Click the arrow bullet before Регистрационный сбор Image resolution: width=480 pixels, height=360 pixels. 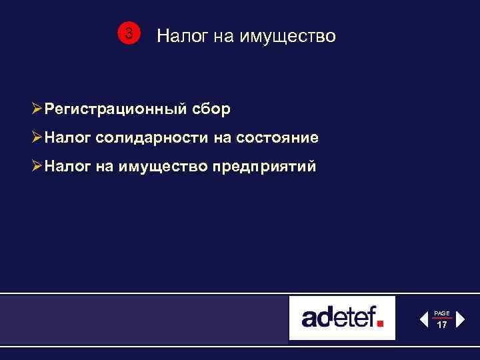37,108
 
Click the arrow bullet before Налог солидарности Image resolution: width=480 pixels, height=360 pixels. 37,137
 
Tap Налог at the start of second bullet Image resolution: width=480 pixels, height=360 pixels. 67,137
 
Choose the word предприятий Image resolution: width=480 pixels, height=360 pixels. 264,167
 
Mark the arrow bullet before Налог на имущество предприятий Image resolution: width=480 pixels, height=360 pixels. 37,167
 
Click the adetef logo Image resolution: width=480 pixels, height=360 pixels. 342,317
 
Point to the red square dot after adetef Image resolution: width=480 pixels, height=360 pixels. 380,323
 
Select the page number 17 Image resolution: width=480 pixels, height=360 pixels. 442,325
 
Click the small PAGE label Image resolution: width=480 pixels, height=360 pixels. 442,313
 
